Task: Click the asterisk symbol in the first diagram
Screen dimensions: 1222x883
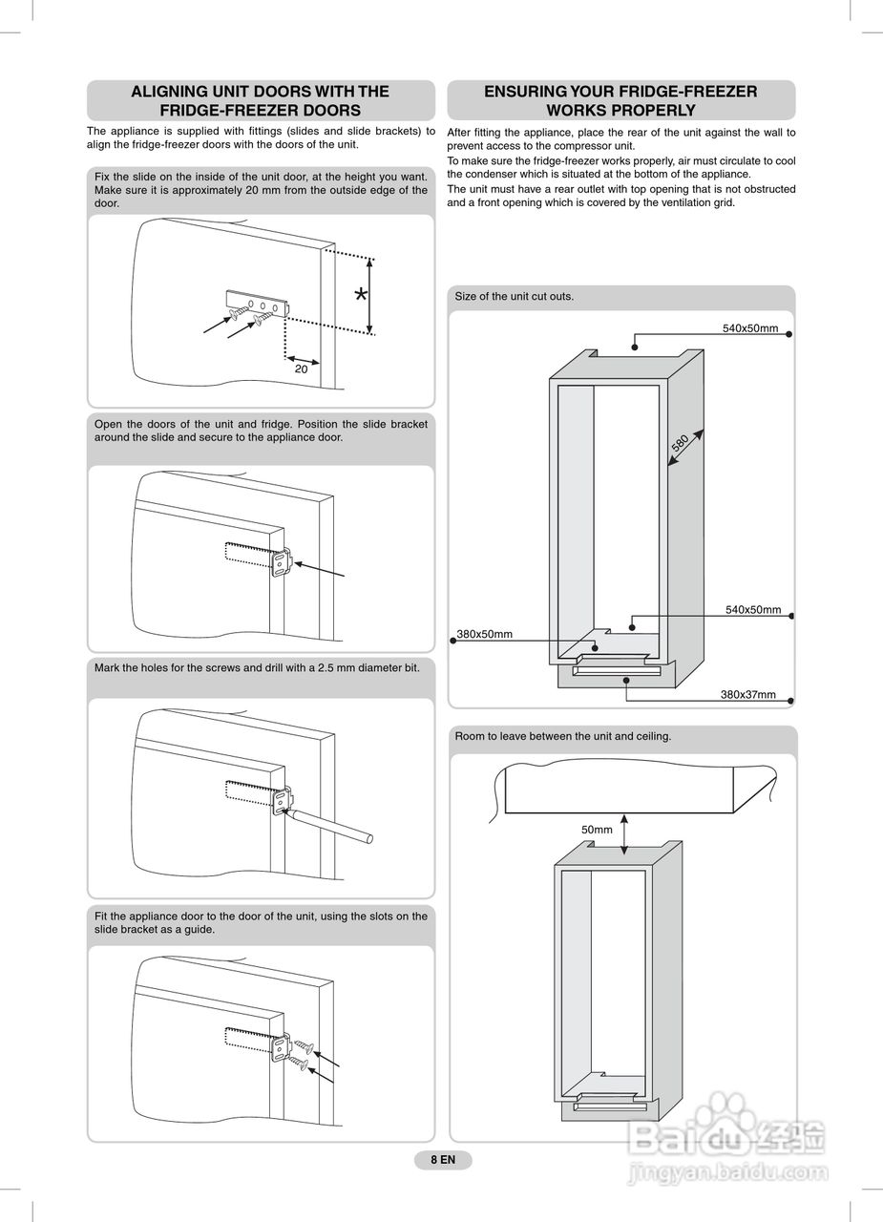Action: (360, 295)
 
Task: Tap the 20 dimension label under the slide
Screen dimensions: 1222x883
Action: (301, 369)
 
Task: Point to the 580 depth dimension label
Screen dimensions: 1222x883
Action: (680, 444)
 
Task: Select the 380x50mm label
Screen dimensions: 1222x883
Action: (485, 634)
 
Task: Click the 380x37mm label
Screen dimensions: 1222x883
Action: (747, 694)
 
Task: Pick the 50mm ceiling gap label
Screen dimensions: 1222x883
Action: (597, 830)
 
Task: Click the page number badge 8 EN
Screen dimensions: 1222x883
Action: (443, 1160)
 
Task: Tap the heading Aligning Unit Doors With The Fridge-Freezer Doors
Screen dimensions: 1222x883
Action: (260, 100)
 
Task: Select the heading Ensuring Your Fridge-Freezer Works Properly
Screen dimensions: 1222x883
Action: (620, 100)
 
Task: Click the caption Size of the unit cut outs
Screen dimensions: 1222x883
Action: (515, 297)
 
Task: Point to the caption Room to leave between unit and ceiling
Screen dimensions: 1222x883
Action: (562, 736)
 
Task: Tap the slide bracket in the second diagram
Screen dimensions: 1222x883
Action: (282, 562)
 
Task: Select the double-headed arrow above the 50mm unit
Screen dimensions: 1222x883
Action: (624, 834)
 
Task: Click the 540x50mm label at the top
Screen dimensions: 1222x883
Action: (749, 328)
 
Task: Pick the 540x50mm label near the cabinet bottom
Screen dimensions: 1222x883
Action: (752, 610)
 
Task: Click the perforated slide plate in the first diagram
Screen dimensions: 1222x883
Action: (258, 301)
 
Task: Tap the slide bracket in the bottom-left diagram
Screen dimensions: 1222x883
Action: (282, 1048)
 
